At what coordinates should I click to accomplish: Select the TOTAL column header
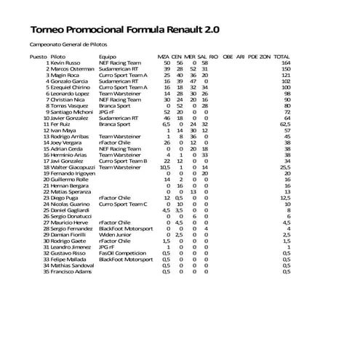tap(281, 56)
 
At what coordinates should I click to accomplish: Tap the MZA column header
tap(164, 56)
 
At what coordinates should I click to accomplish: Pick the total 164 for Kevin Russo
tap(285, 63)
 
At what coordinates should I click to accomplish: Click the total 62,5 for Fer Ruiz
tap(284, 125)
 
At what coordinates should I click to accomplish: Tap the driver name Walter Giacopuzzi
tap(73, 167)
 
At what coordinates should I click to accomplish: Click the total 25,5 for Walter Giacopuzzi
tap(284, 167)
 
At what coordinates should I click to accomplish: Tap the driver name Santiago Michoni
tap(71, 112)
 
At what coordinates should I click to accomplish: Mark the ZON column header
tap(265, 56)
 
